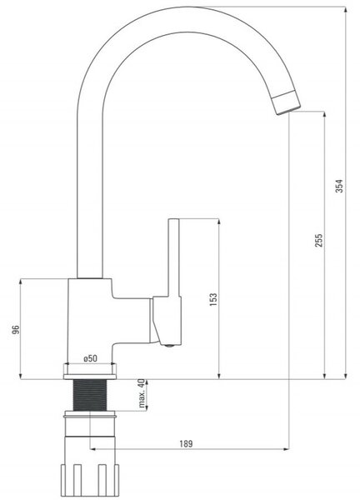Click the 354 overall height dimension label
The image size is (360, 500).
[x=340, y=186]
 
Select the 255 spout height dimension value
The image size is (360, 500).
[x=318, y=241]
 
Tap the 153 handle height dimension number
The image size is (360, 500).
[x=213, y=299]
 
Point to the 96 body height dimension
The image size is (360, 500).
[x=16, y=329]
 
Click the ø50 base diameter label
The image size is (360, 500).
[x=90, y=358]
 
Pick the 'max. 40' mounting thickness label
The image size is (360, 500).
[x=142, y=393]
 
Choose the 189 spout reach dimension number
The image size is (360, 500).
[x=186, y=443]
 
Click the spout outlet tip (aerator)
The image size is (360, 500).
[x=287, y=102]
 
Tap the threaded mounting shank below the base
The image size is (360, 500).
[x=90, y=395]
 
